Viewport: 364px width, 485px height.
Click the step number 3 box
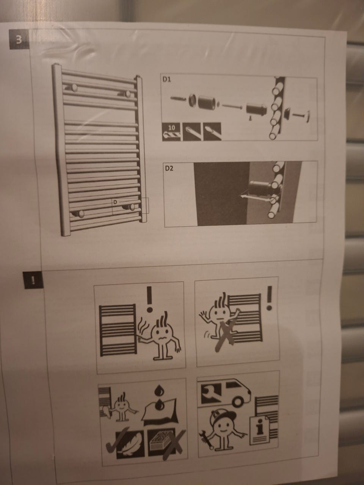(19, 39)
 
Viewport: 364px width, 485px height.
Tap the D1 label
(167, 80)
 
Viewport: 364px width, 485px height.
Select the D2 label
(169, 168)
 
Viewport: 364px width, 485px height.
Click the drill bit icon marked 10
(171, 132)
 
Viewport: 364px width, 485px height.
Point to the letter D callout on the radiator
(115, 202)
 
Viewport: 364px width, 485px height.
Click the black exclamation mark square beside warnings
(33, 280)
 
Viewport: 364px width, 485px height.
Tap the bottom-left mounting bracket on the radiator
(78, 214)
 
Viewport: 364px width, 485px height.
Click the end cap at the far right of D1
(308, 115)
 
